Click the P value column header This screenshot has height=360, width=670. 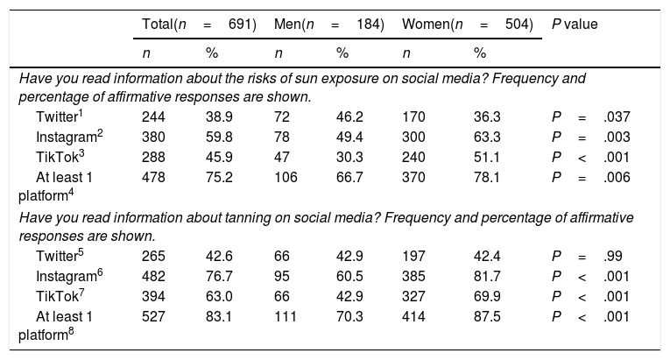click(575, 25)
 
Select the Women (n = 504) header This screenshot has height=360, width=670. click(468, 25)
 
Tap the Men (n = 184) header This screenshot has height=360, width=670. click(329, 25)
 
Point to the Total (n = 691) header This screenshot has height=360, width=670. click(199, 25)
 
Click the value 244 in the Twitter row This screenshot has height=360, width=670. click(153, 116)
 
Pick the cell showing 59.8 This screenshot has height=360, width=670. click(219, 137)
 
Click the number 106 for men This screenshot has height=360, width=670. click(286, 177)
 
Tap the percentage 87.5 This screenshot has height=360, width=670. click(487, 316)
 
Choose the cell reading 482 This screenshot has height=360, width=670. click(153, 276)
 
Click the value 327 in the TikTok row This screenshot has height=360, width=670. click(413, 296)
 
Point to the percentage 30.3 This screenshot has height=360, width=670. click(349, 157)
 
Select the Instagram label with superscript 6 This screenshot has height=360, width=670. click(69, 276)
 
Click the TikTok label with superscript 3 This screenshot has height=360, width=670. click(60, 157)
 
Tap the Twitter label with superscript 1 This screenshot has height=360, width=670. click(59, 116)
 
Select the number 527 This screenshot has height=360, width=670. click(153, 316)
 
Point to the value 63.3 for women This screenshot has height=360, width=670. click(487, 137)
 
